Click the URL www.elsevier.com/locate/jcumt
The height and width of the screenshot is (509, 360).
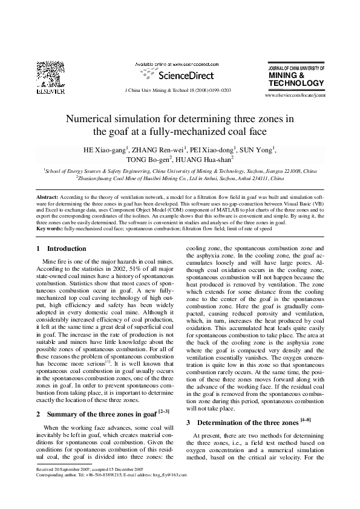coord(296,96)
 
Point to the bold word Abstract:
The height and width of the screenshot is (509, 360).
coord(48,198)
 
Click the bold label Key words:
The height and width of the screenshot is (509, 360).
coord(50,229)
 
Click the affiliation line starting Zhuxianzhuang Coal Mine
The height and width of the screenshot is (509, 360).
coord(180,179)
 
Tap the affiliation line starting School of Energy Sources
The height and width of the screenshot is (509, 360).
coord(180,171)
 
